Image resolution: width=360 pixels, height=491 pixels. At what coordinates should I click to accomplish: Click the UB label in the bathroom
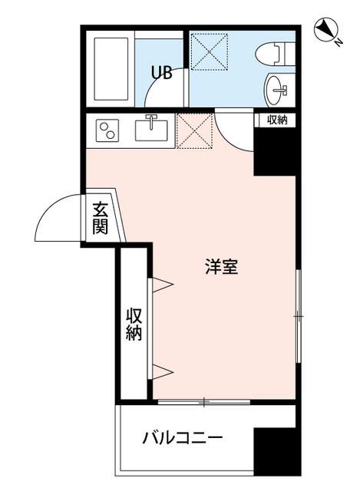point(161,73)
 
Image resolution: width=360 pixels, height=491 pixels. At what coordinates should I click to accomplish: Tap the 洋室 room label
point(220,268)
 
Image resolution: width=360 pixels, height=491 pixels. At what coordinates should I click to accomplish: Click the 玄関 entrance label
point(101,218)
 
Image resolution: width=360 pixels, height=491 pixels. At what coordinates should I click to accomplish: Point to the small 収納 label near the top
point(277,120)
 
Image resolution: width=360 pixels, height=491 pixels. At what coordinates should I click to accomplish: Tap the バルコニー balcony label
point(183,440)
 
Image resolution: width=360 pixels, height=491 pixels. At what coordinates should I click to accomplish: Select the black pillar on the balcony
point(275,453)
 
